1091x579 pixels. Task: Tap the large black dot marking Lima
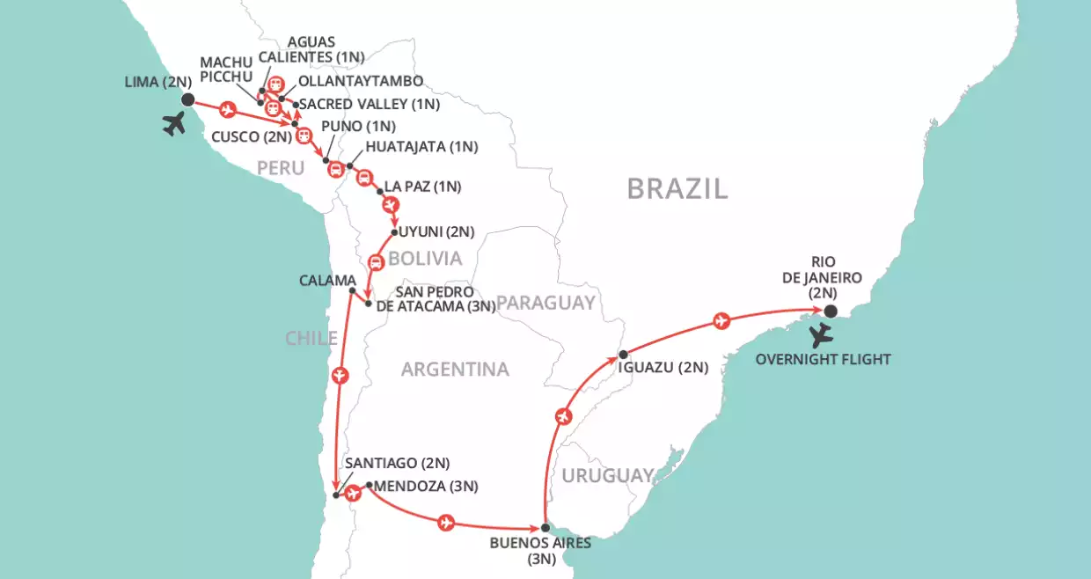[187, 99]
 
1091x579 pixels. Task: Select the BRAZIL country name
[677, 188]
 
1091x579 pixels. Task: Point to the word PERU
[281, 167]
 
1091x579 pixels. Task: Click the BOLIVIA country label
[425, 259]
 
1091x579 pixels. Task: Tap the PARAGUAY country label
[545, 304]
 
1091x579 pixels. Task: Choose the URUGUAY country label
[608, 475]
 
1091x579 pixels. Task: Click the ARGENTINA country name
[455, 370]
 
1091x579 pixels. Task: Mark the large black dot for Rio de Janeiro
[830, 311]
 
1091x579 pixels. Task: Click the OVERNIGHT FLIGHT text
[835, 359]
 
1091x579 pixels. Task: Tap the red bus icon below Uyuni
[376, 261]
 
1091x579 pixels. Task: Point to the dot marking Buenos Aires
[545, 527]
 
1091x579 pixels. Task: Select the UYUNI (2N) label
[436, 232]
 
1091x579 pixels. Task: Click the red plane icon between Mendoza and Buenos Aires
[446, 523]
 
